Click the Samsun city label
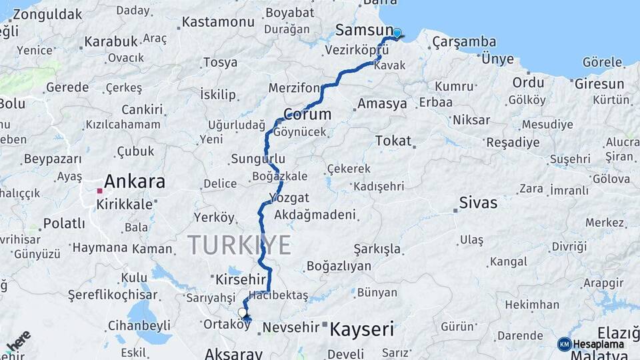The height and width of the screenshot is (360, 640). click(x=364, y=31)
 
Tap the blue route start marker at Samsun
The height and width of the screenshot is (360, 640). click(x=397, y=33)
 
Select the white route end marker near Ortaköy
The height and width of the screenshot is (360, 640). click(x=243, y=312)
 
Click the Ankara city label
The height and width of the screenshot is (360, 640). click(x=135, y=181)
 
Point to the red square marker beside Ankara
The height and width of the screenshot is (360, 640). click(x=99, y=191)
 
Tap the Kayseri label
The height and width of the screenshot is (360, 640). click(x=362, y=329)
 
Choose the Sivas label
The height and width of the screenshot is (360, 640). click(x=478, y=203)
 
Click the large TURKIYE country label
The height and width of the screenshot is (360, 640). click(x=239, y=245)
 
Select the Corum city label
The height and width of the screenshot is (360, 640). click(x=307, y=113)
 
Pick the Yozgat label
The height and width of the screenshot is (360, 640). click(x=289, y=198)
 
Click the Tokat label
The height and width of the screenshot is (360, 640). click(x=393, y=141)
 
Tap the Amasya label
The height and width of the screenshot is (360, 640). click(x=382, y=104)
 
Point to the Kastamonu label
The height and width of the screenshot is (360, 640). click(x=218, y=22)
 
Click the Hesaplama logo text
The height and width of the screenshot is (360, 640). click(x=601, y=345)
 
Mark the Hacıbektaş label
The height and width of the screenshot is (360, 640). click(x=278, y=295)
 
